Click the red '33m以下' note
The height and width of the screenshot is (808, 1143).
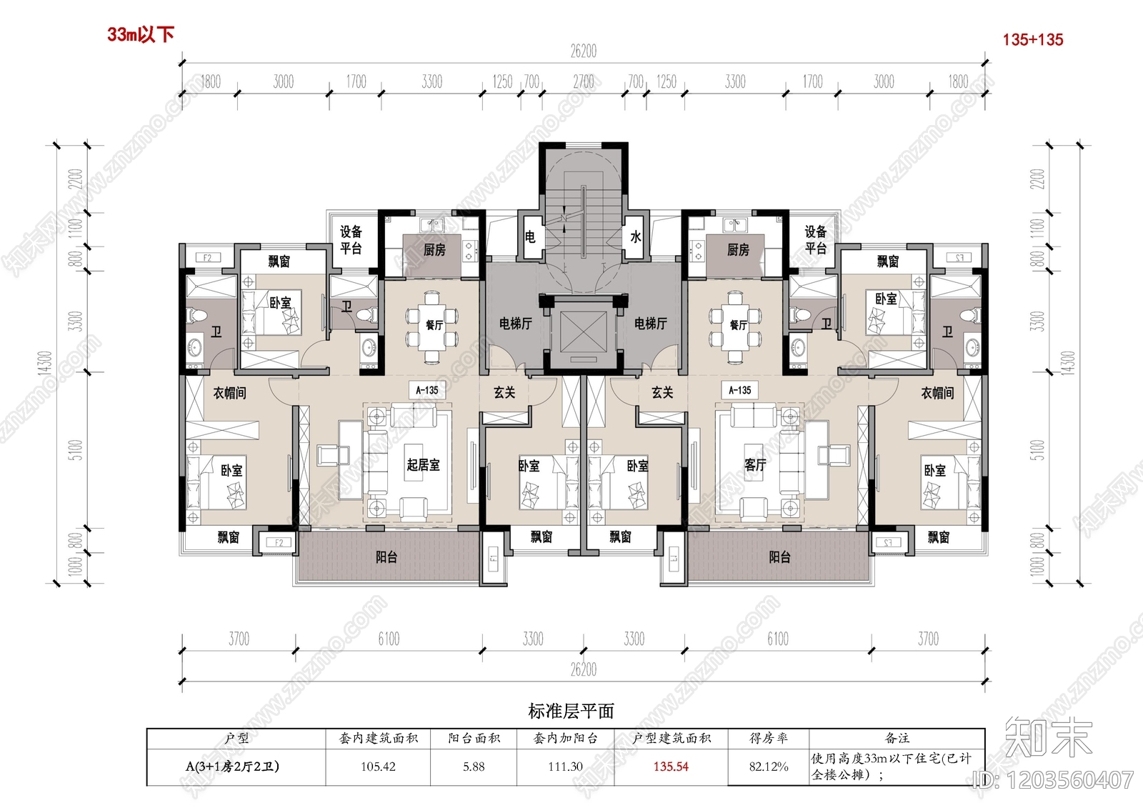point(141,34)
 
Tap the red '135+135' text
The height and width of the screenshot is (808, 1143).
point(1032,40)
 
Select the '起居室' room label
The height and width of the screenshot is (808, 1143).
point(423,465)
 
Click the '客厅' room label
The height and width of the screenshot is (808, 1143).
point(755,465)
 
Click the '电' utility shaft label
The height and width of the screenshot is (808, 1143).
point(530,236)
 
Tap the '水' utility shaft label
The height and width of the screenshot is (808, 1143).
point(635,236)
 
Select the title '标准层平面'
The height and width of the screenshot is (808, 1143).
point(571,711)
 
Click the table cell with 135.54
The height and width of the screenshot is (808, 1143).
point(671,767)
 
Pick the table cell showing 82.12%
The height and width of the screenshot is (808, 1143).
point(769,767)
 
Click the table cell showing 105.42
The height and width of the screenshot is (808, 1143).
point(378,767)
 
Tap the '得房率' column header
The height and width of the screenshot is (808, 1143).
point(769,738)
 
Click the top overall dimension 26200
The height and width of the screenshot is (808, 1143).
point(583,51)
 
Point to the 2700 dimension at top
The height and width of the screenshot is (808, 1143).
point(583,81)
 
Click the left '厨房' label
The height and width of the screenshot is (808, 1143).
point(434,249)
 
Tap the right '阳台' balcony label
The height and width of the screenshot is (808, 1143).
point(779,557)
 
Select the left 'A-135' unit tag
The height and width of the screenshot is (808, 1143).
point(427,390)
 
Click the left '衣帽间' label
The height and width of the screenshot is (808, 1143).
point(230,393)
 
